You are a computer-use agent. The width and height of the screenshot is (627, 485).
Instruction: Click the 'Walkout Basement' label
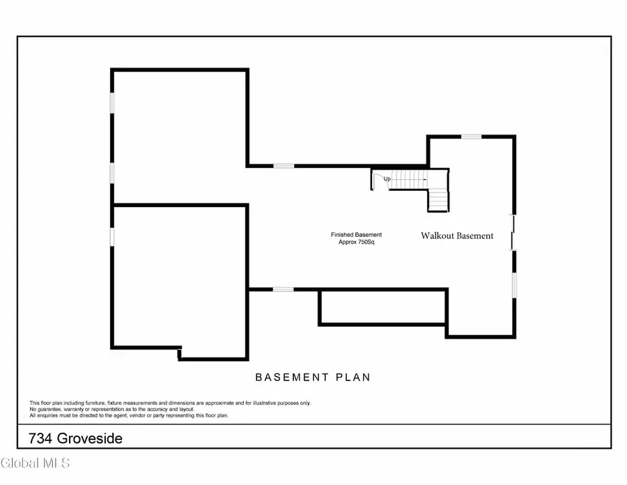457,236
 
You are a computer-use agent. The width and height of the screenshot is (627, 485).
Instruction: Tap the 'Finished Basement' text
356,235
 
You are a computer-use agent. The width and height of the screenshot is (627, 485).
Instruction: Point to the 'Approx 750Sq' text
356,243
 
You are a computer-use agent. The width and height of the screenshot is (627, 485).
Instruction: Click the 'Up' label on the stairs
387,179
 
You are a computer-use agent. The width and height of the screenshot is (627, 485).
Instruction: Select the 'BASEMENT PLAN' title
313,378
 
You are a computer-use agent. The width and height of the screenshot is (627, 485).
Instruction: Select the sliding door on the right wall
513,233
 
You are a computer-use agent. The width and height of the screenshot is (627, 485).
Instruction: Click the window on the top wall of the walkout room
472,137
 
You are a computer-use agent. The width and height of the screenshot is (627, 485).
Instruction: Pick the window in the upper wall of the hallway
283,166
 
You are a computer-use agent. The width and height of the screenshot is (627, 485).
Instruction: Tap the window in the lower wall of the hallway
282,289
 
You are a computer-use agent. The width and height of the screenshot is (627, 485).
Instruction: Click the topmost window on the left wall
112,103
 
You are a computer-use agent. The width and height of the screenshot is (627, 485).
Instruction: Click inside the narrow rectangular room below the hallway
382,307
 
